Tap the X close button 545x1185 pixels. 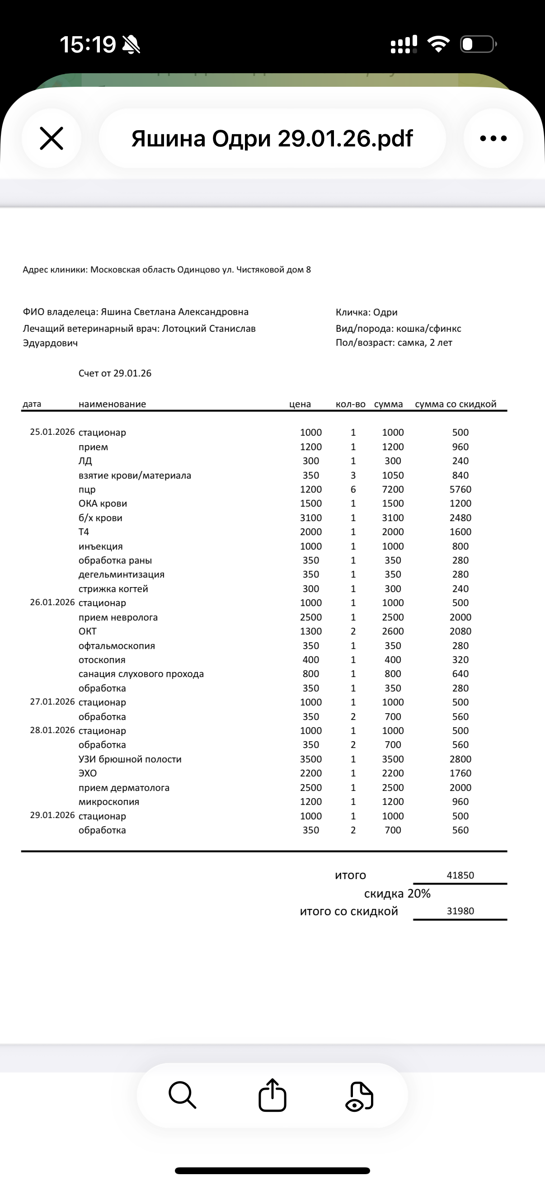[52, 138]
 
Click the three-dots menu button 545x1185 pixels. [493, 138]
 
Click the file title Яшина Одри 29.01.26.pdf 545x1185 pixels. [272, 138]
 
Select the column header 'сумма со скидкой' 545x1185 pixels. [456, 404]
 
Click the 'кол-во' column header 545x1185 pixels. [351, 404]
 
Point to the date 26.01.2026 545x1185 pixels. [52, 602]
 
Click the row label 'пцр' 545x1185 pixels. [87, 489]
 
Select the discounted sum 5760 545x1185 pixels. [460, 489]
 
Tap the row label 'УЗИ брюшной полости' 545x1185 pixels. [130, 759]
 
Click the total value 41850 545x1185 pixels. [460, 875]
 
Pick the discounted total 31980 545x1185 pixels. [460, 911]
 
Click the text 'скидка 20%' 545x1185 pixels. [397, 893]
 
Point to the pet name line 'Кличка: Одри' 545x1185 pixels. [366, 312]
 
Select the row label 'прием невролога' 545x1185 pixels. [118, 617]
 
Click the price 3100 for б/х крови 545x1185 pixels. [311, 518]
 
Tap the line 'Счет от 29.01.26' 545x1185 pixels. [114, 373]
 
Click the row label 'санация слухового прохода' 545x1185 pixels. [141, 674]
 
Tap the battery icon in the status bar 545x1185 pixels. [478, 44]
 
